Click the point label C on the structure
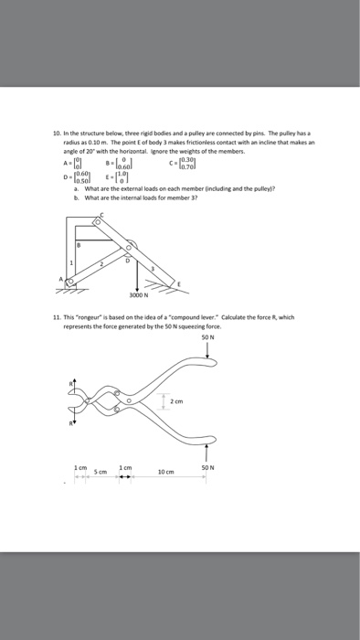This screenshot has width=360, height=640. pos(102,216)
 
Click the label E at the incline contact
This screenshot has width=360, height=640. pos(180,285)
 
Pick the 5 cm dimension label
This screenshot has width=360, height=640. pos(103,472)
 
